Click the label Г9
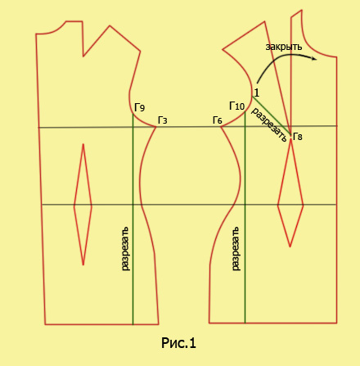click(139, 107)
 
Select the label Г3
click(163, 120)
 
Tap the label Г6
click(218, 120)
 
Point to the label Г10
click(237, 106)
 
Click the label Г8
click(298, 136)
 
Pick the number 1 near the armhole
click(256, 93)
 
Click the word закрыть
click(284, 47)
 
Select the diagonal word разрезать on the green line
click(268, 124)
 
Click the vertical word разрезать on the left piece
click(125, 248)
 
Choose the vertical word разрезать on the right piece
click(236, 248)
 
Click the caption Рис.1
click(178, 343)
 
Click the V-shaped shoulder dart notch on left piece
click(83, 56)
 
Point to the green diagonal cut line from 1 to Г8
click(272, 115)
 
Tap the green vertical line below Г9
click(133, 219)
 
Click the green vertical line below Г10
click(245, 217)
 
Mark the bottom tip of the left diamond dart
click(83, 265)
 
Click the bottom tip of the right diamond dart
click(290, 247)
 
